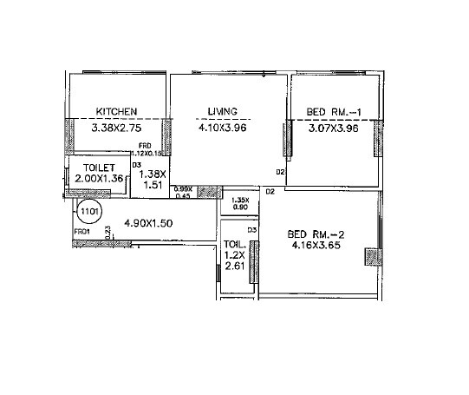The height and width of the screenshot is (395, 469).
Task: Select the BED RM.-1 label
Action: click(328, 111)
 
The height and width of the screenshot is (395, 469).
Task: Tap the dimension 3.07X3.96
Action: click(333, 127)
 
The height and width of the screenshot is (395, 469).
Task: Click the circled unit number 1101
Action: click(89, 210)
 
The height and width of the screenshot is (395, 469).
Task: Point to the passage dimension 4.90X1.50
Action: click(149, 223)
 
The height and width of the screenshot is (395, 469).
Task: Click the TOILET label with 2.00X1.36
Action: click(100, 172)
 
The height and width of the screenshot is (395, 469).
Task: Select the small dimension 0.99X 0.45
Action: click(183, 193)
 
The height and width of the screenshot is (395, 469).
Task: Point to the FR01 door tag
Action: click(82, 232)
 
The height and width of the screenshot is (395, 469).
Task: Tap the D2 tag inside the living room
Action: click(279, 171)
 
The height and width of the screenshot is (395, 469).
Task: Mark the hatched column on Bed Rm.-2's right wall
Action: click(372, 258)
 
